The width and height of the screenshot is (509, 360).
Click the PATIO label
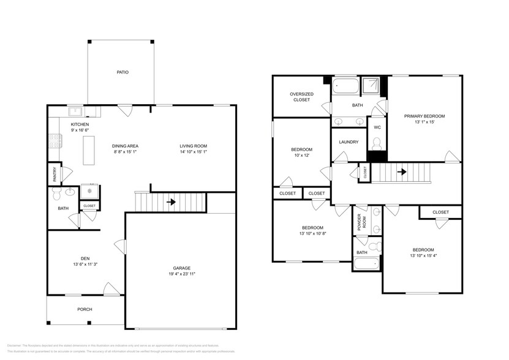pyautogui.click(x=123, y=72)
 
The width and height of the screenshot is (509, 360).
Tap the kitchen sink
pyautogui.click(x=75, y=111)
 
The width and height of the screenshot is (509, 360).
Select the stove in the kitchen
pyautogui.click(x=53, y=143)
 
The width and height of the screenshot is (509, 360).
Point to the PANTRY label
pyautogui.click(x=55, y=174)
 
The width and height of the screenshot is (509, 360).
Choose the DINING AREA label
pyautogui.click(x=125, y=146)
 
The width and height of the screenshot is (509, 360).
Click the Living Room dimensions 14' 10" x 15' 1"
pyautogui.click(x=193, y=152)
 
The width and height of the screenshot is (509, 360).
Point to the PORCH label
pyautogui.click(x=85, y=309)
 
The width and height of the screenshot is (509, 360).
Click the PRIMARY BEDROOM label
pyautogui.click(x=424, y=116)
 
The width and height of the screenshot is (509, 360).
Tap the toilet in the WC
pyautogui.click(x=377, y=143)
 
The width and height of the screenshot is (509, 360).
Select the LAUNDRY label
pyautogui.click(x=348, y=143)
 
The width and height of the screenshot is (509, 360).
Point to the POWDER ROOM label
pyautogui.click(x=360, y=222)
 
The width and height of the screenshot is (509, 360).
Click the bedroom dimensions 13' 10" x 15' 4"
pyautogui.click(x=423, y=255)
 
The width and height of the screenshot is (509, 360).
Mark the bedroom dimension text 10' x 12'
pyautogui.click(x=301, y=156)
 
